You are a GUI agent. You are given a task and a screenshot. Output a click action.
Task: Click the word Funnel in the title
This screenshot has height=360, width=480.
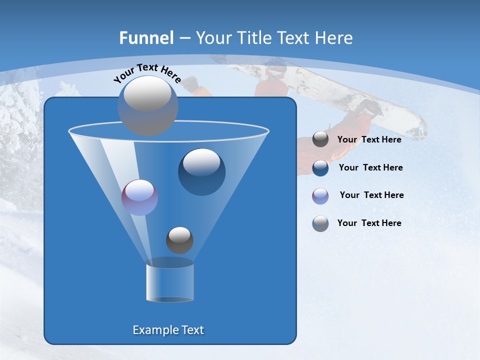146,38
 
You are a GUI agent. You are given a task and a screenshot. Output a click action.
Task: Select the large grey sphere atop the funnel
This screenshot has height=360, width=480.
148,105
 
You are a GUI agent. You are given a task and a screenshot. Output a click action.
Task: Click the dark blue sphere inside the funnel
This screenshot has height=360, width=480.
202,172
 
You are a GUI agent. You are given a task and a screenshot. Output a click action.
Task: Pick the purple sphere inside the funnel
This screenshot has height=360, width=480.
139,197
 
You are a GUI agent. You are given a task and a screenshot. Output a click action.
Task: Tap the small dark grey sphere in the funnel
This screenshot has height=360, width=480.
179,240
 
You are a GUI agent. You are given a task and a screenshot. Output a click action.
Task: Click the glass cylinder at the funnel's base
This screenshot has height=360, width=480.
170,282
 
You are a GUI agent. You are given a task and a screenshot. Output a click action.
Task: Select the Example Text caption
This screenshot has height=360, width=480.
168,330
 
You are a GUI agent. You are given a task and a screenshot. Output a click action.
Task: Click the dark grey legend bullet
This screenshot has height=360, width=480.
320,139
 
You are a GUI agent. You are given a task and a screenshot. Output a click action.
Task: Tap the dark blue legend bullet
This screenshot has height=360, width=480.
320,168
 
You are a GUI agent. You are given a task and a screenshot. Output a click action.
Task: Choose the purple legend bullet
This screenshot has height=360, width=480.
320,196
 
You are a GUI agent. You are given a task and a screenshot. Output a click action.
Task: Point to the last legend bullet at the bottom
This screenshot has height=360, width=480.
320,223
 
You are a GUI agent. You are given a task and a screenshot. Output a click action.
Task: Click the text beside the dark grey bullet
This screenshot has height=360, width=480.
369,139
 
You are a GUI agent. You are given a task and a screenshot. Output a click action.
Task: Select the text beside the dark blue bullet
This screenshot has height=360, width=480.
370,167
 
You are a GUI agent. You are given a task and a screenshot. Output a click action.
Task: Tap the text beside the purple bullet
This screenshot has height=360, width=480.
371,195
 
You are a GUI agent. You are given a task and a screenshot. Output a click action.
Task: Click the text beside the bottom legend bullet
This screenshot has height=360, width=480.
369,223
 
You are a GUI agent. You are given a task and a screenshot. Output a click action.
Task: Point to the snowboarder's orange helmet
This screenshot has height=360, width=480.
275,70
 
